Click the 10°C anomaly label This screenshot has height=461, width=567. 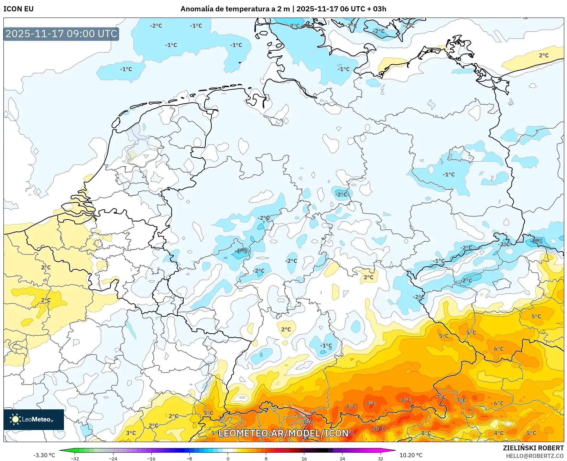[379, 429]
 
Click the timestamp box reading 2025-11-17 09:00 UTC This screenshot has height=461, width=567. [61, 34]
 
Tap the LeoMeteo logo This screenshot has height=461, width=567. [34, 419]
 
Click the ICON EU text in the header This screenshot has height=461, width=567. [19, 9]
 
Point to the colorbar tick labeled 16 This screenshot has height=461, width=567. [304, 458]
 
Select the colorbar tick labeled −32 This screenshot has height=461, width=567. [75, 458]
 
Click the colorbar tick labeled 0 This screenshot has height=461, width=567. [228, 458]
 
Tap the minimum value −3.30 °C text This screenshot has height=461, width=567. [44, 455]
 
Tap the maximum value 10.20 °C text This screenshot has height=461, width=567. [411, 455]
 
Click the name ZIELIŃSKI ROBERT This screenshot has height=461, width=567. [533, 448]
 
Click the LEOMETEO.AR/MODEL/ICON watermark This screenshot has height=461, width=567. [283, 433]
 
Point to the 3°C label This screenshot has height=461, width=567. [131, 433]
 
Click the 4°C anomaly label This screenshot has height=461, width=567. [499, 433]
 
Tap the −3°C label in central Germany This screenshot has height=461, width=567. [241, 251]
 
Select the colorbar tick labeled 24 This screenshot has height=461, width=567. [342, 458]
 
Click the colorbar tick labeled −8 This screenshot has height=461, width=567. [189, 458]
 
